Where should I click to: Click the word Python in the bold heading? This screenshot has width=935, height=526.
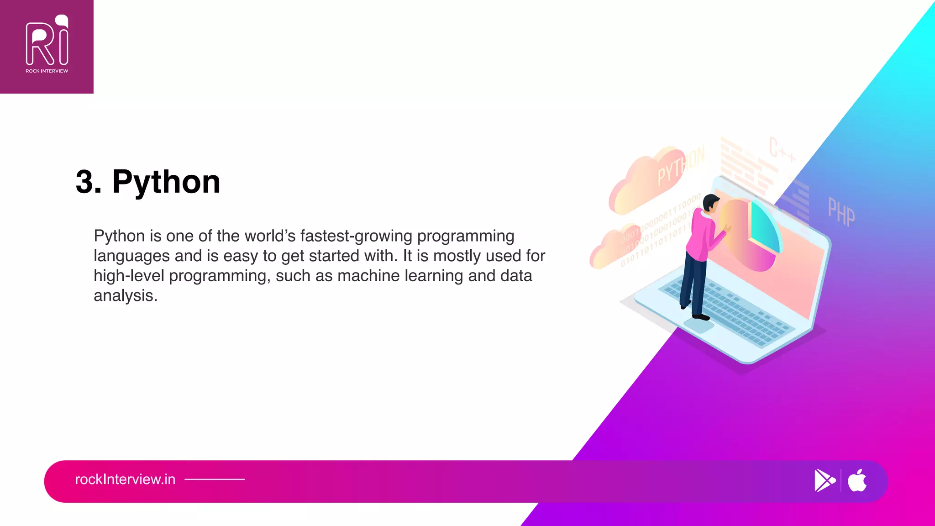pos(166,182)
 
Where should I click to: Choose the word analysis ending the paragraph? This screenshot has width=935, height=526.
pos(125,296)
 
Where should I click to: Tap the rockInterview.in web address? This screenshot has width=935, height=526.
pos(125,479)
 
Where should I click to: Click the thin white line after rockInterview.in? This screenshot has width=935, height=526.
pos(215,479)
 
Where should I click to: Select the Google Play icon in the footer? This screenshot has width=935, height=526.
pos(825,480)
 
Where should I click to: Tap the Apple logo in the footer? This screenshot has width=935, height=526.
pos(857,480)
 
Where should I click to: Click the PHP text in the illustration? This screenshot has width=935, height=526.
pos(841,212)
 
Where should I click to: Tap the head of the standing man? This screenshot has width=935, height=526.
pos(710,203)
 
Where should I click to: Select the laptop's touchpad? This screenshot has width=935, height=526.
pos(699,326)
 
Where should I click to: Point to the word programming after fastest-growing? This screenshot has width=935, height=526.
pos(465,236)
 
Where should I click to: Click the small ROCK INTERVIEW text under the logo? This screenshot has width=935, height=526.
pos(47,71)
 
